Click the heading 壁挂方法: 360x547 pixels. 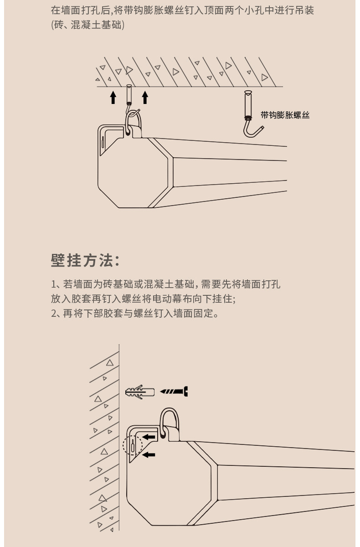click(x=85, y=261)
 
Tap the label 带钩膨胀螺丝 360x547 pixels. click(x=285, y=115)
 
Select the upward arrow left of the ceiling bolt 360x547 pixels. click(x=113, y=98)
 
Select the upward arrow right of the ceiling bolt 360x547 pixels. click(x=145, y=98)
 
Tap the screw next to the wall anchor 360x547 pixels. click(x=175, y=391)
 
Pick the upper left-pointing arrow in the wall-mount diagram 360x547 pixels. click(x=149, y=437)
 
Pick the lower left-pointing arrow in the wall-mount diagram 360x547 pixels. click(x=149, y=454)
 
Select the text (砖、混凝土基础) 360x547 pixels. click(x=87, y=25)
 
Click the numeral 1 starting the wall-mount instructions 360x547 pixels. click(x=53, y=285)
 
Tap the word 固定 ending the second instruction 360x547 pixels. click(x=202, y=314)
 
